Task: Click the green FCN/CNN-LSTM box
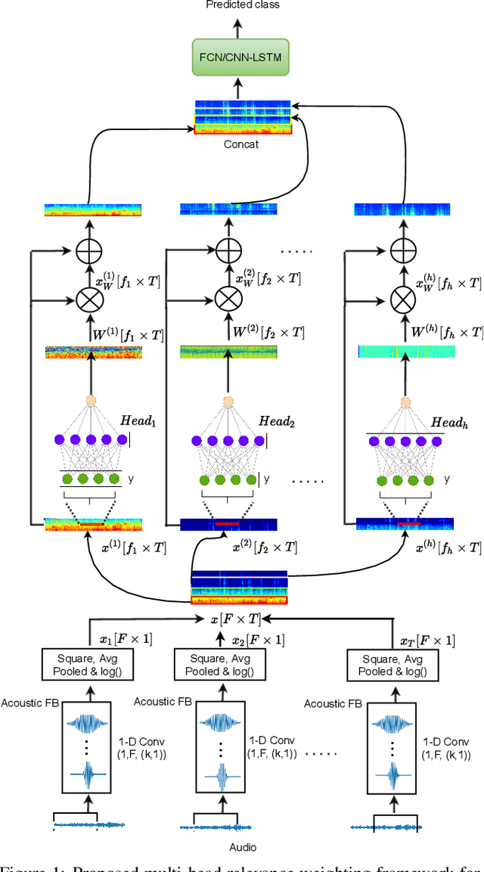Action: [241, 57]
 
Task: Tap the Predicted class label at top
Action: [241, 5]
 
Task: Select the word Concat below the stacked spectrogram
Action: [242, 143]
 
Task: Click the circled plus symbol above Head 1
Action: [89, 250]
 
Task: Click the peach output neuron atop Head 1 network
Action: [92, 401]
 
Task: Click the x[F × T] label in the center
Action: [236, 619]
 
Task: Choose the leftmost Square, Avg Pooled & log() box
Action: [92, 666]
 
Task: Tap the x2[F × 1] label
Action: [258, 640]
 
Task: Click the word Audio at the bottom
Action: [243, 847]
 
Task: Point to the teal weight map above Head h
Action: [405, 352]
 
